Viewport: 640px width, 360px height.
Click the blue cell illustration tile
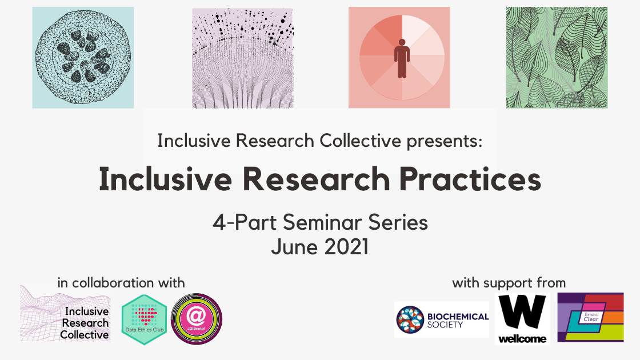pyautogui.click(x=83, y=58)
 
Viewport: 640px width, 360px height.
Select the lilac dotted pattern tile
pyautogui.click(x=243, y=58)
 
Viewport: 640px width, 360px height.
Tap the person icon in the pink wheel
pyautogui.click(x=402, y=58)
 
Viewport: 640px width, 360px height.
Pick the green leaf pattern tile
pyautogui.click(x=557, y=58)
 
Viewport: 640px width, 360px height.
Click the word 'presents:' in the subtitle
pyautogui.click(x=445, y=141)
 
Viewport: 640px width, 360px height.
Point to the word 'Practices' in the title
pyautogui.click(x=470, y=179)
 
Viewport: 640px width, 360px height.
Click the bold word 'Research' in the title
pyautogui.click(x=317, y=179)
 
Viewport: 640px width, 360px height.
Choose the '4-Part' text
pyautogui.click(x=245, y=223)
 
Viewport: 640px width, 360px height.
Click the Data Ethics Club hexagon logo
pyautogui.click(x=145, y=319)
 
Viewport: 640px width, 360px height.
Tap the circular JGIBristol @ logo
pyautogui.click(x=197, y=319)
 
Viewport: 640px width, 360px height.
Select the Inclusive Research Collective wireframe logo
pyautogui.click(x=65, y=313)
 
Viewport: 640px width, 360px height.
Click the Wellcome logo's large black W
pyautogui.click(x=522, y=312)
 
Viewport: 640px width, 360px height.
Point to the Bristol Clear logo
pyautogui.click(x=591, y=317)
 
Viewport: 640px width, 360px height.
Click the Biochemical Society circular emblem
pyautogui.click(x=410, y=320)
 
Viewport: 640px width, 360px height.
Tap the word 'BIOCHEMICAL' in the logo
pyautogui.click(x=458, y=317)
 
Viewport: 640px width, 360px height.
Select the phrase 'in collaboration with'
pyautogui.click(x=121, y=283)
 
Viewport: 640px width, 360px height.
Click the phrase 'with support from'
pyautogui.click(x=509, y=283)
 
